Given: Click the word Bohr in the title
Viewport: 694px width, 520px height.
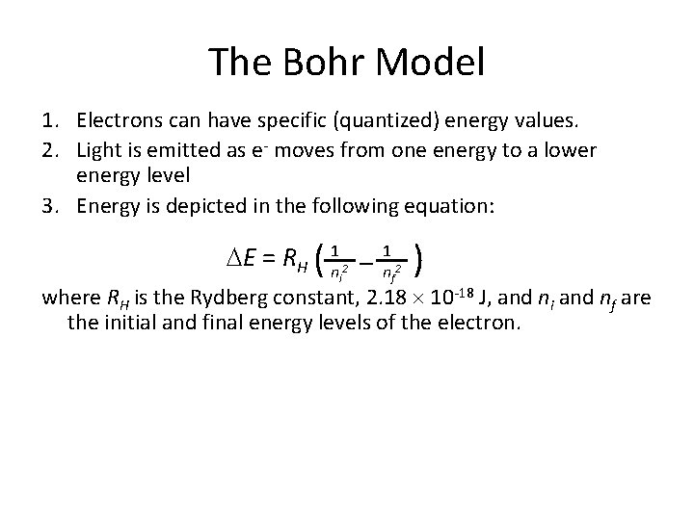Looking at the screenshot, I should [320, 64].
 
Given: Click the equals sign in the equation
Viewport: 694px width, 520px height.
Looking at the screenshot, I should [269, 259].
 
